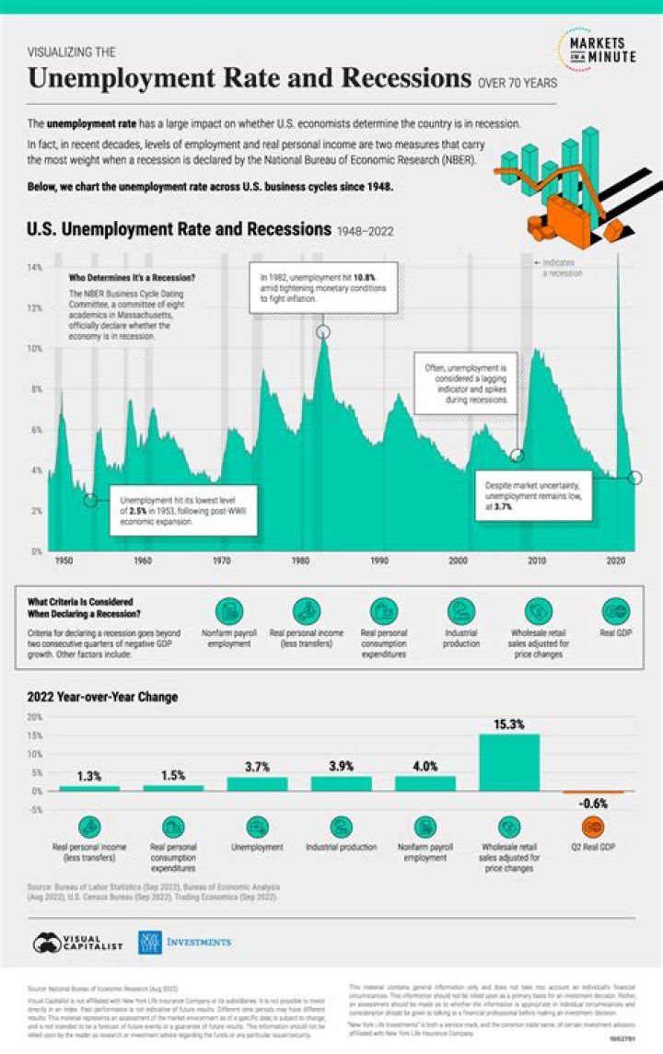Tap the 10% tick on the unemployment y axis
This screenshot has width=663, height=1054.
tap(35, 349)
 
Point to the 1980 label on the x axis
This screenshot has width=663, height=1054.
tap(300, 560)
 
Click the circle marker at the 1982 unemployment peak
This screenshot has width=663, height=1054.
tap(323, 331)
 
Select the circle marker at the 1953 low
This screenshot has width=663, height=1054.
tap(90, 500)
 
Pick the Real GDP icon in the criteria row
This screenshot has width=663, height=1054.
tap(615, 612)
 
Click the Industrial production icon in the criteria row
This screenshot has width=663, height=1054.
tap(461, 612)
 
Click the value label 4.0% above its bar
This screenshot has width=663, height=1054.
tap(425, 766)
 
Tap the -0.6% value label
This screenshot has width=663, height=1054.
tap(593, 803)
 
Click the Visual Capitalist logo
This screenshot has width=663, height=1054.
tap(79, 943)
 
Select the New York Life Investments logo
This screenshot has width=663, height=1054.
tap(184, 943)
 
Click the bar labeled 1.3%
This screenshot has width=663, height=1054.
tap(89, 788)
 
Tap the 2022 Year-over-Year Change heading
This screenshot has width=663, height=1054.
tap(101, 697)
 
